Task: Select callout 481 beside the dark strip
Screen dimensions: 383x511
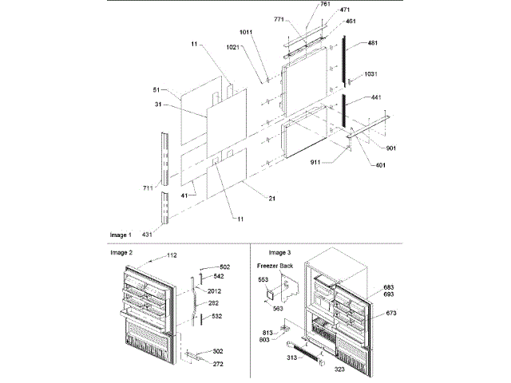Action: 373,44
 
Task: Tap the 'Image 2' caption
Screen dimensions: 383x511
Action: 121,252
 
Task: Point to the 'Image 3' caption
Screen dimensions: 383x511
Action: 280,252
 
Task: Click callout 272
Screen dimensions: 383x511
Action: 217,365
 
